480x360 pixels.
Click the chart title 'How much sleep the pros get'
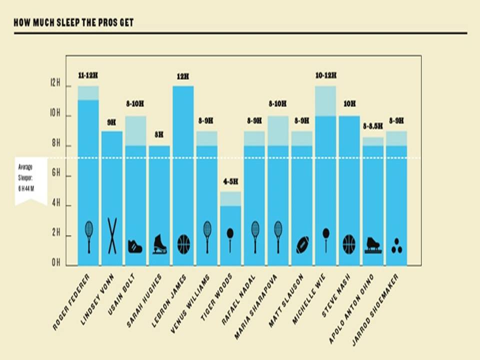click(73, 22)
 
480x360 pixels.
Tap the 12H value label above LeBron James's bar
click(183, 76)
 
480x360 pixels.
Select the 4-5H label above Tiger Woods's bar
click(230, 181)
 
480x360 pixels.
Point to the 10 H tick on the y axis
click(55, 115)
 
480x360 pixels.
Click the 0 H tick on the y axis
click(55, 263)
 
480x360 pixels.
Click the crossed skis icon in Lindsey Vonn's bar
click(112, 235)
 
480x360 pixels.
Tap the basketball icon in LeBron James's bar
click(183, 244)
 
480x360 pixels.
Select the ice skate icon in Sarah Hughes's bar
click(159, 243)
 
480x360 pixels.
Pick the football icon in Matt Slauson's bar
click(303, 244)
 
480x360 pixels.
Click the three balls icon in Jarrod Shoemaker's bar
click(397, 245)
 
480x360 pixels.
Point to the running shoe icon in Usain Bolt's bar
click(135, 246)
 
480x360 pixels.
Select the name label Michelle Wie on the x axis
click(311, 298)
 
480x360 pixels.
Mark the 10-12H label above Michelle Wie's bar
click(326, 75)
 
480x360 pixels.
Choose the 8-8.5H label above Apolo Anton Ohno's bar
click(373, 126)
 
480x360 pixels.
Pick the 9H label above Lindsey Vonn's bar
click(112, 121)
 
